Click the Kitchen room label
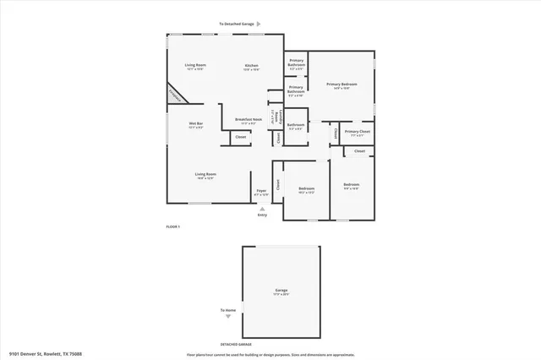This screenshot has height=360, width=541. coord(251,66)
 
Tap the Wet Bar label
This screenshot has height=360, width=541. coord(196,124)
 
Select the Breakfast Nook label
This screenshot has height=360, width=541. coord(246,121)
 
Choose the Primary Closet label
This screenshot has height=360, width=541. coord(358,132)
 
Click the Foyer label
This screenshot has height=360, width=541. coord(262,191)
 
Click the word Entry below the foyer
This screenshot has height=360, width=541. coord(262,215)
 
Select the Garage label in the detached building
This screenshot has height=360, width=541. coord(281,291)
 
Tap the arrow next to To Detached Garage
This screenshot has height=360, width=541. coord(259,25)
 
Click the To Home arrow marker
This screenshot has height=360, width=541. coord(227,316)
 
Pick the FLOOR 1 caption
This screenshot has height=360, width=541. coord(172,226)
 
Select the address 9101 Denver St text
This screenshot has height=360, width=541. coord(46,354)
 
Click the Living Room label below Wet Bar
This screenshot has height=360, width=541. coord(205,175)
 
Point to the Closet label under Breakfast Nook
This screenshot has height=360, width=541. coord(241,136)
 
